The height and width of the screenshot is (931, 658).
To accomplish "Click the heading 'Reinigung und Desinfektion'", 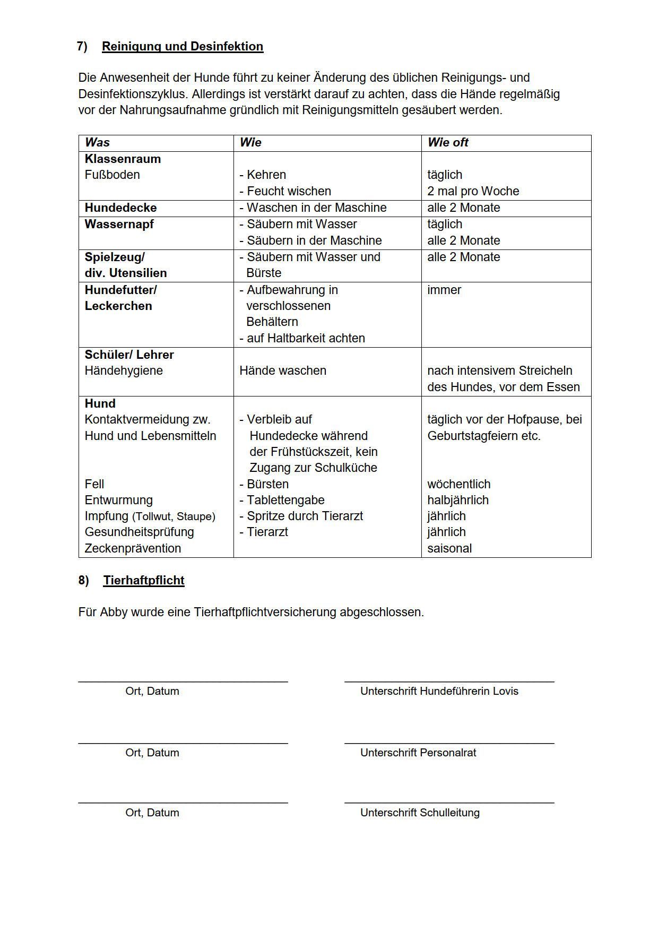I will [182, 47].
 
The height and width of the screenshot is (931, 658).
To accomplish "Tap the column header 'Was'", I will [97, 143].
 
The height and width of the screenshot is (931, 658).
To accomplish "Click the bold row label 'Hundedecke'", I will [120, 208].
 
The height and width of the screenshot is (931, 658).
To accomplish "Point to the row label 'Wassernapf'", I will [119, 224].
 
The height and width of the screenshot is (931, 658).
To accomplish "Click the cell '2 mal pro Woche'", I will [473, 191].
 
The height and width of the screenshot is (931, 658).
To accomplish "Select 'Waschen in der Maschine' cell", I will [313, 208].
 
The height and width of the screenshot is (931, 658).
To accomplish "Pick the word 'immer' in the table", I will [444, 290].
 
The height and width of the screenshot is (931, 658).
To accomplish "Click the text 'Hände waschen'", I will [282, 370].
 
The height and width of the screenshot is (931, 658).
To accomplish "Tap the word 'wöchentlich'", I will [458, 484].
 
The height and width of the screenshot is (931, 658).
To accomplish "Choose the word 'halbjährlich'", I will [457, 500].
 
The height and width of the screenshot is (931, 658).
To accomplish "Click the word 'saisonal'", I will [449, 548].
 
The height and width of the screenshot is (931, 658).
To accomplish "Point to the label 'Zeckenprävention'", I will [133, 548].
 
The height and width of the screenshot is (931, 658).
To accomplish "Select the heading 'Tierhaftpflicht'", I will [144, 580].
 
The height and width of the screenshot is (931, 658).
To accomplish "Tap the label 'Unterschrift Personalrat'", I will [418, 753].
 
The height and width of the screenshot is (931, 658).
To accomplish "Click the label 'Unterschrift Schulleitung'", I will [420, 813].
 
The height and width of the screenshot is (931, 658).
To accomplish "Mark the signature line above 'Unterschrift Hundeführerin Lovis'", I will [449, 680].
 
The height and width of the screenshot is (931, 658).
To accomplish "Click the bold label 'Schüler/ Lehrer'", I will [129, 355].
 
